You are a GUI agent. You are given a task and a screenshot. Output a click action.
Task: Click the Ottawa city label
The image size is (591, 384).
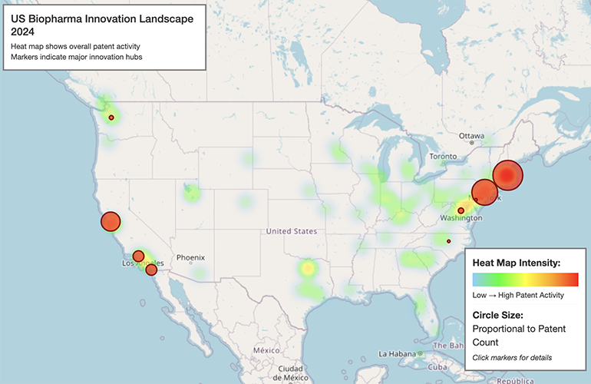tap(471, 135)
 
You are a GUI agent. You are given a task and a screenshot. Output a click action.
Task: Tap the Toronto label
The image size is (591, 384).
tap(443, 156)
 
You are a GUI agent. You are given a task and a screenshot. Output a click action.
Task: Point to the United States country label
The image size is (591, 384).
tap(291, 230)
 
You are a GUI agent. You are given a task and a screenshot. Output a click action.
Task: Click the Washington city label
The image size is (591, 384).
tap(461, 218)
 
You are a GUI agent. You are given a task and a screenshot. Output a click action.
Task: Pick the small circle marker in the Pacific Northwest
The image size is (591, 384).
tap(111, 118)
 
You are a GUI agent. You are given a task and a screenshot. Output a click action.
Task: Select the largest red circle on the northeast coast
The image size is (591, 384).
tap(507, 175)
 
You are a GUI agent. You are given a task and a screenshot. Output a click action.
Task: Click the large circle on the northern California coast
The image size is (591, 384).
tap(111, 222)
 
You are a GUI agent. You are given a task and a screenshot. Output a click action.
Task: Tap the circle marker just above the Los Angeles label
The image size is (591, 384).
tap(138, 256)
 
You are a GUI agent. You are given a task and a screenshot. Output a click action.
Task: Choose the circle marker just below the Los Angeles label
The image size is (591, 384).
tap(151, 270)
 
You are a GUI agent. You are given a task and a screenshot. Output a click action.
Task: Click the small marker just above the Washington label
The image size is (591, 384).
tap(461, 210)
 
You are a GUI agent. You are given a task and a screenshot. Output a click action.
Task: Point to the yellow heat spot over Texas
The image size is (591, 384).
tap(307, 269)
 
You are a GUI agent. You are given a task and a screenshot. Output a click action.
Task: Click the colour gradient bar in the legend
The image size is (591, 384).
tap(525, 279)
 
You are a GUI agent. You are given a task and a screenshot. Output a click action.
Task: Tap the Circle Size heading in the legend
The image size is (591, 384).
tap(498, 315)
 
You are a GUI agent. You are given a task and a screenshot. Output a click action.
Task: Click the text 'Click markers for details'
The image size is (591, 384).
tap(512, 357)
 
